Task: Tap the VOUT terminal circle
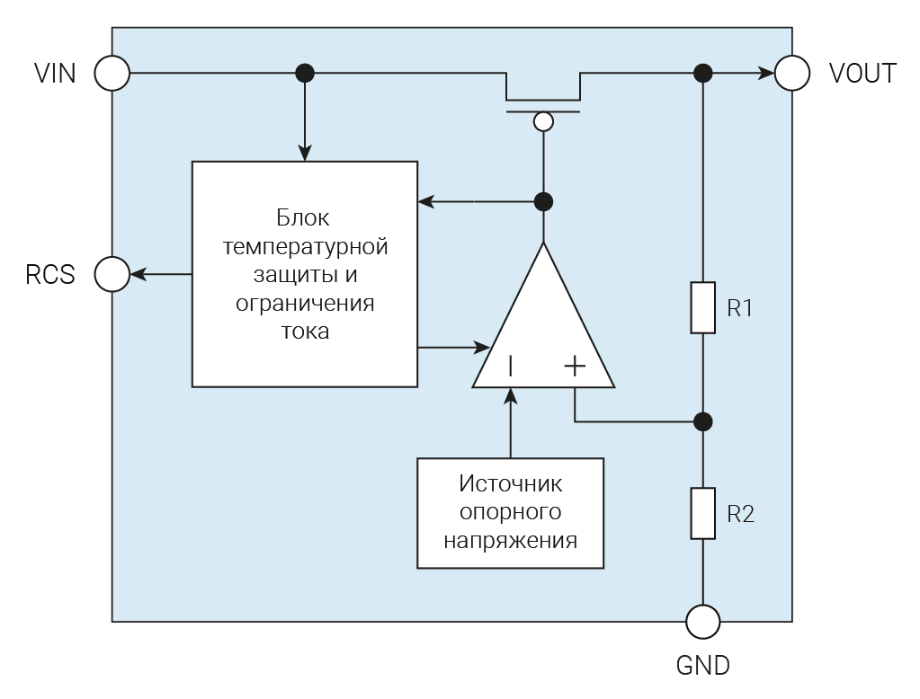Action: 792,73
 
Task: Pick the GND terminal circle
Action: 702,621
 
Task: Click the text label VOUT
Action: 862,73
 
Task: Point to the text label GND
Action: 702,666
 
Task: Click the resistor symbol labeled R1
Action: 702,308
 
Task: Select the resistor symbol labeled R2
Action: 702,514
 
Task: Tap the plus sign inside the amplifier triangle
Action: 575,366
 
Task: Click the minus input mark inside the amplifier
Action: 511,366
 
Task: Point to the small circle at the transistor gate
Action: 542,121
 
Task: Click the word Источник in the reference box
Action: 510,483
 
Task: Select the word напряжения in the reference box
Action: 510,542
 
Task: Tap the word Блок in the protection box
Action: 303,217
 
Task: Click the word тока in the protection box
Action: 304,331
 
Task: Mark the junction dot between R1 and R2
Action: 702,420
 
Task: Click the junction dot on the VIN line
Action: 305,73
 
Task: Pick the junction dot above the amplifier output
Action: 542,201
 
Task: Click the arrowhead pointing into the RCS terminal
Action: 138,274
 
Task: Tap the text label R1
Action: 739,308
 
